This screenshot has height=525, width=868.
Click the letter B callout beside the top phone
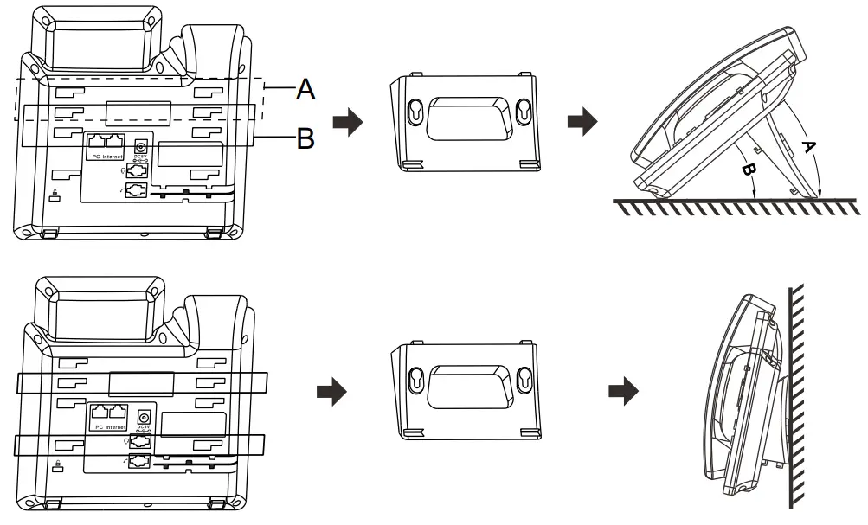[305, 138]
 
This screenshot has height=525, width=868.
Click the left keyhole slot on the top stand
[415, 111]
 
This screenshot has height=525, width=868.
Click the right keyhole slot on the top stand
[523, 111]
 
